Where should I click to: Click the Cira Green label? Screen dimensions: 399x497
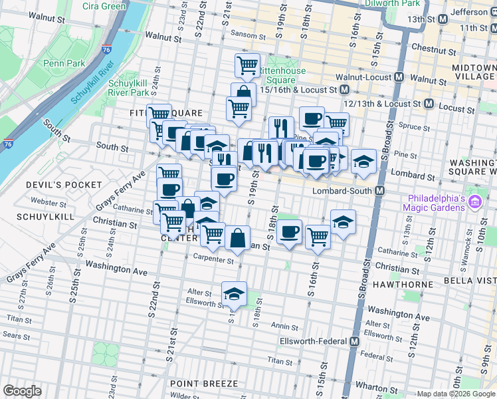pos(104,6)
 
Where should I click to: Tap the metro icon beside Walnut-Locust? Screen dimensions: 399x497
pos(398,77)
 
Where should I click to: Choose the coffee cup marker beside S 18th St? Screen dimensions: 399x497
pos(290,233)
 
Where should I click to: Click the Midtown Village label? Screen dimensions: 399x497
pos(473,72)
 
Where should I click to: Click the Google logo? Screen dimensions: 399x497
pos(22,391)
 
